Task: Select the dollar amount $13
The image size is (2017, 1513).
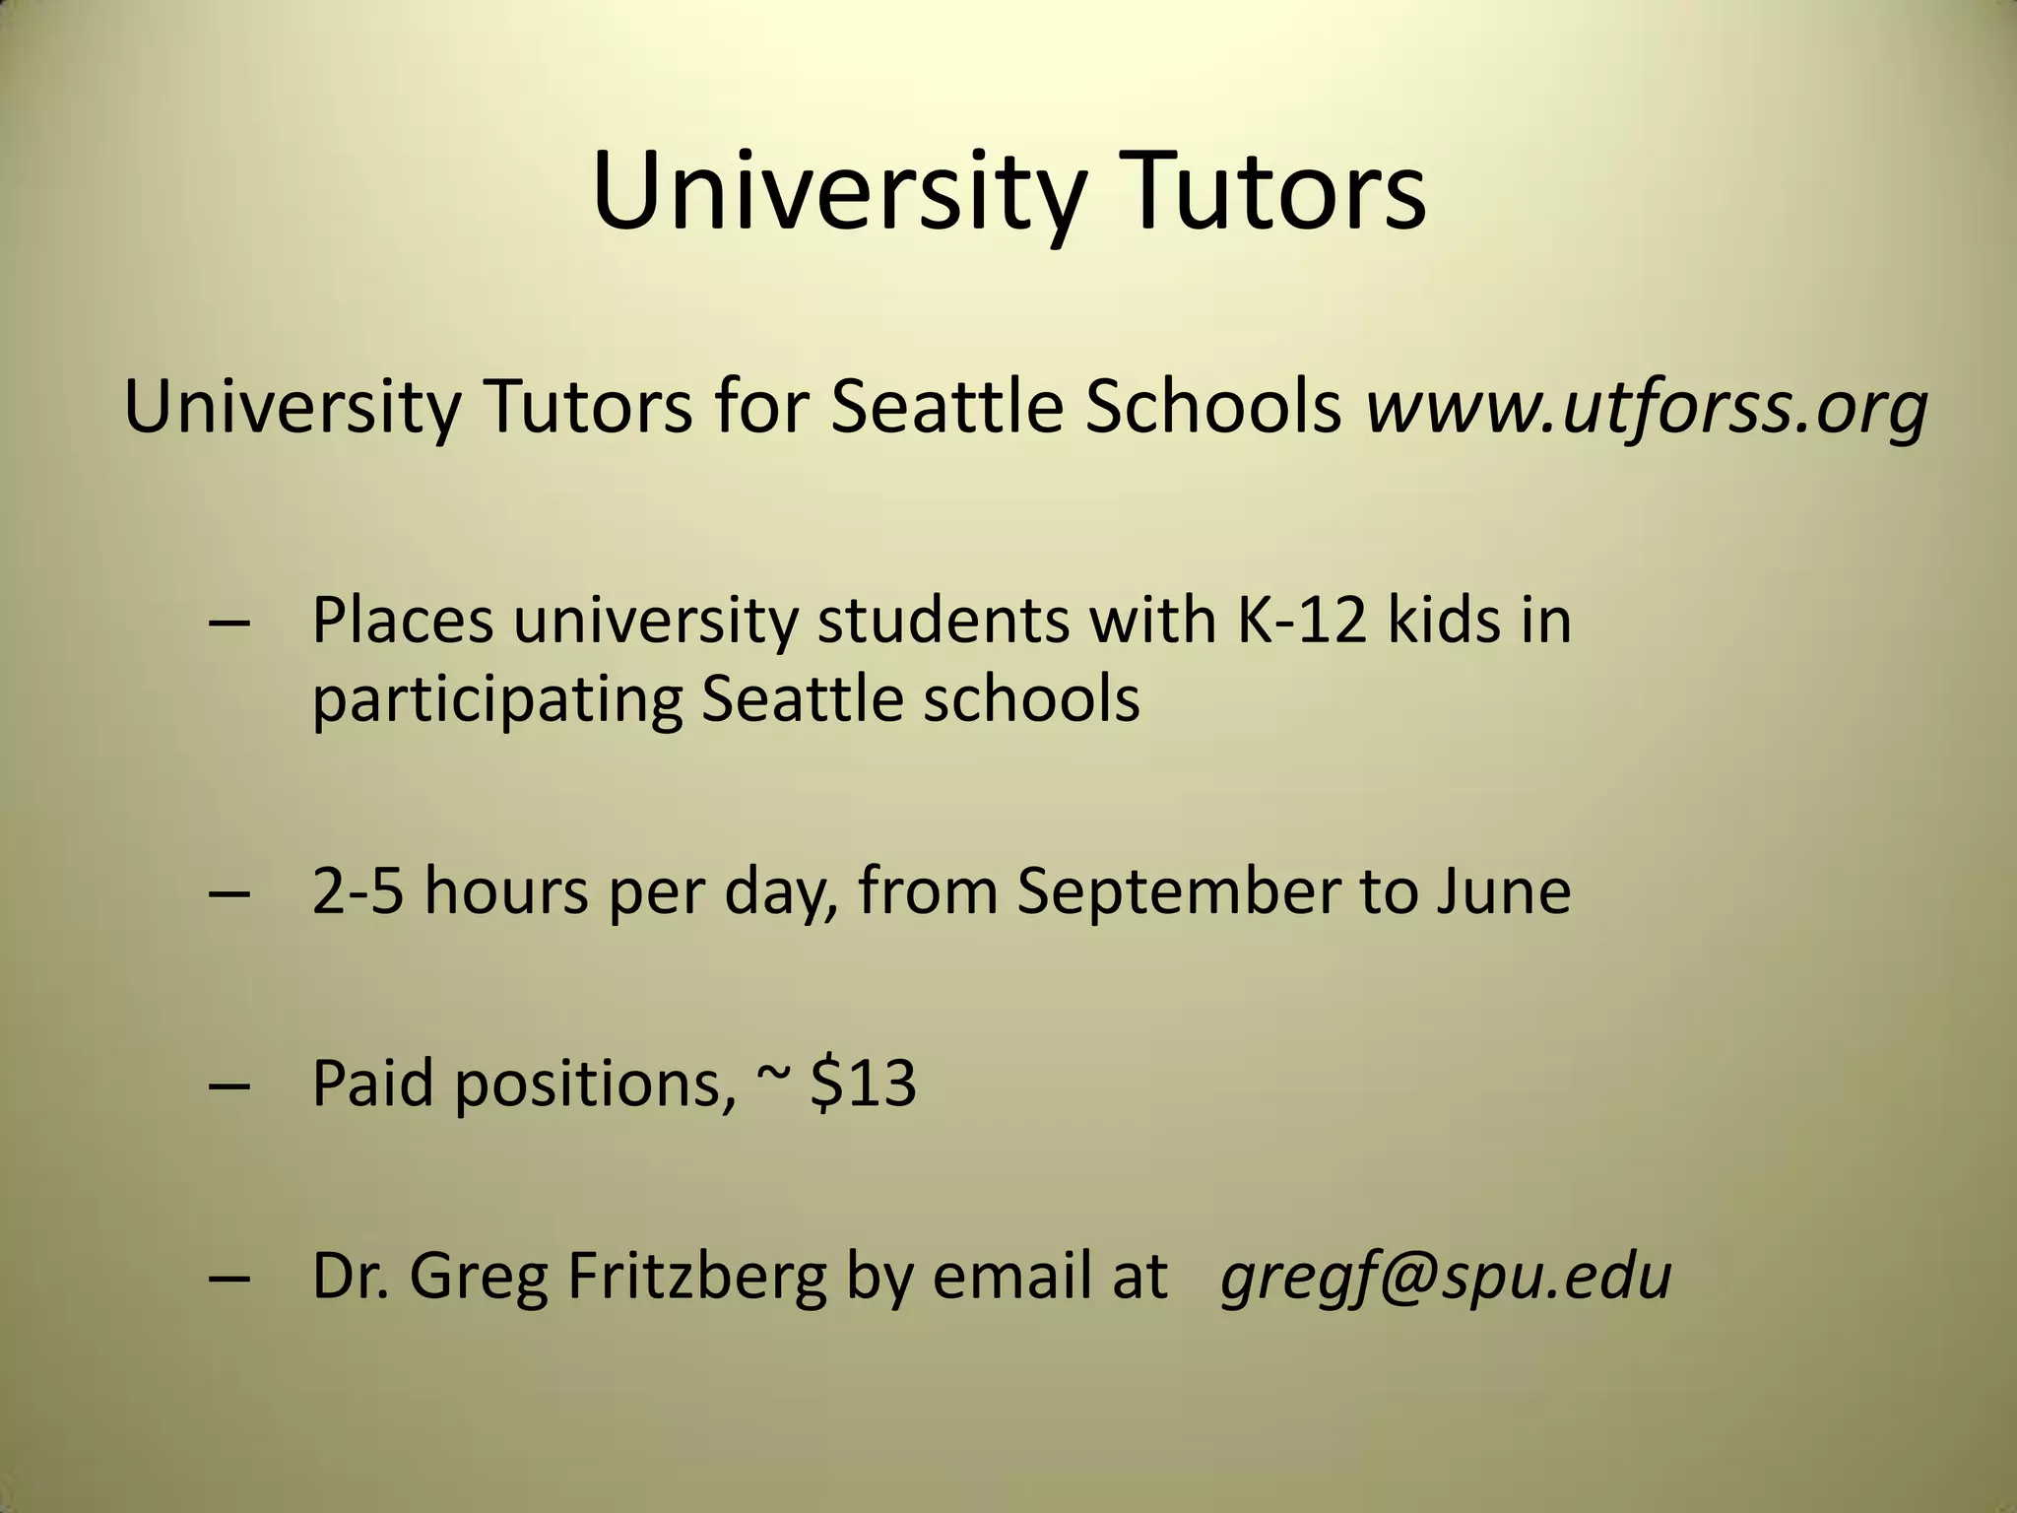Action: coord(863,1083)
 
